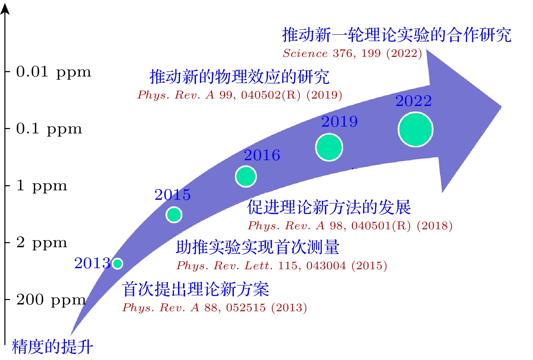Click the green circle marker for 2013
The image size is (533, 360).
point(117,263)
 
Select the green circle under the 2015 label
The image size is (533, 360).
point(174,215)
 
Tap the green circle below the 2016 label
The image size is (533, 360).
point(246,176)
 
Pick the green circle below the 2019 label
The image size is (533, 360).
point(329,147)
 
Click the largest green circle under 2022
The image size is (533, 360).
point(416,130)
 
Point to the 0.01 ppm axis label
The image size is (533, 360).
point(53,72)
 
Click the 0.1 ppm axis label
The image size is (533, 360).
point(49,129)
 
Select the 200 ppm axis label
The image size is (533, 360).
point(51,300)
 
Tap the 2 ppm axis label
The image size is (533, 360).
point(42,243)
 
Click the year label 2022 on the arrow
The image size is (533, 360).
point(414,101)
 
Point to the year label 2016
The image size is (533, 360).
point(262,155)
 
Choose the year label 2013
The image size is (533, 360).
point(92,263)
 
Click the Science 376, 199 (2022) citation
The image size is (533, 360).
point(352,53)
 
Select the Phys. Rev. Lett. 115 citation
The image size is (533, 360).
point(282,266)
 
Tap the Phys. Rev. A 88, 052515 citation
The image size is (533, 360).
point(215,308)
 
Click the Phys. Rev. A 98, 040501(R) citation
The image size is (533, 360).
point(350,226)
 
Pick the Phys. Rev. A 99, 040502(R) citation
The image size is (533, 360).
point(240,95)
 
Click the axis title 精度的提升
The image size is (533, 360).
point(52,347)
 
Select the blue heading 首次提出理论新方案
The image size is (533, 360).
point(196,289)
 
